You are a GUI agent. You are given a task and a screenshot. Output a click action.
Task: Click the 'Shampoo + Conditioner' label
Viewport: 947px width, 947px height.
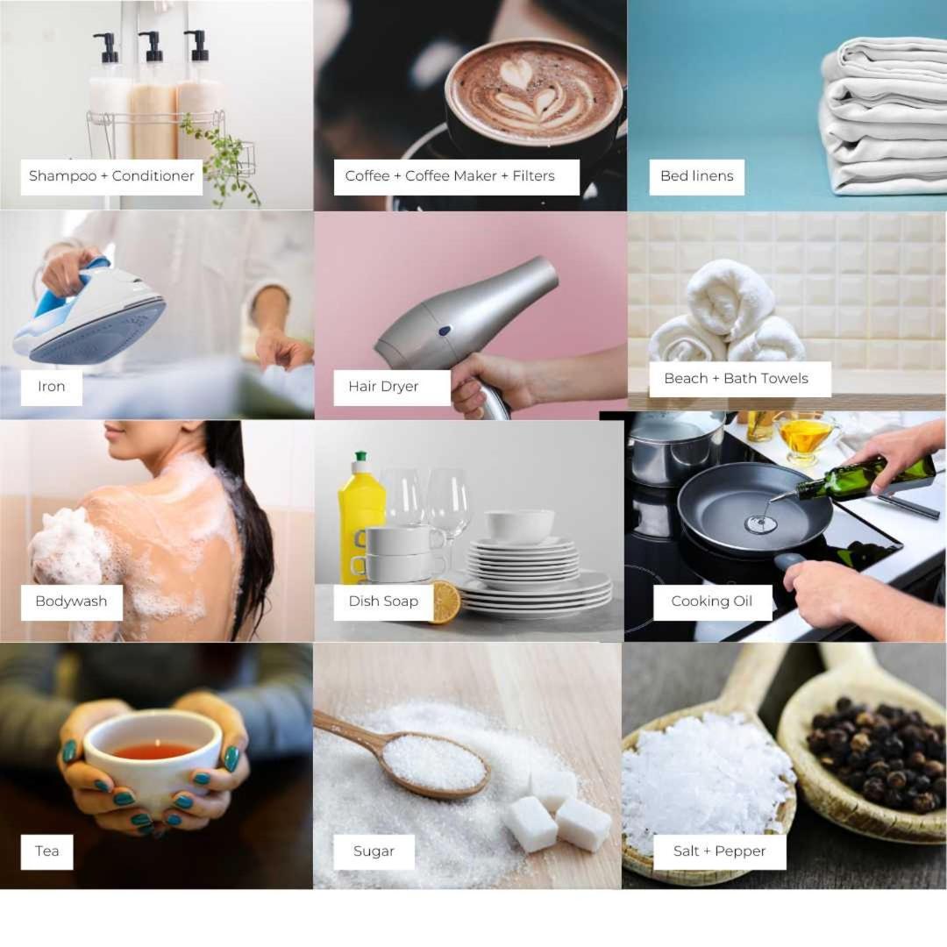111,176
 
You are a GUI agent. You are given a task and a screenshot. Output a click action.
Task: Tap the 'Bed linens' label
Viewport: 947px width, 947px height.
696,176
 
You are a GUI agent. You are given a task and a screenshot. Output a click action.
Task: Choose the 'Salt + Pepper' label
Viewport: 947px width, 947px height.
719,851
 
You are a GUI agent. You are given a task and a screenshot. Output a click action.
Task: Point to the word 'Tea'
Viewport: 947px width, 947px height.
47,851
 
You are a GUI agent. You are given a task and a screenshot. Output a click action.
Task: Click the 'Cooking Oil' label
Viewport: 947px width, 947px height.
712,602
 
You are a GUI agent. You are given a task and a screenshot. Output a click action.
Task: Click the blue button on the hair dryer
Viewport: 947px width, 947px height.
445,331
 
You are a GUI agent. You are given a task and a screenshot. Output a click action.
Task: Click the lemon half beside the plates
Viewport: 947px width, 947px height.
445,602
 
